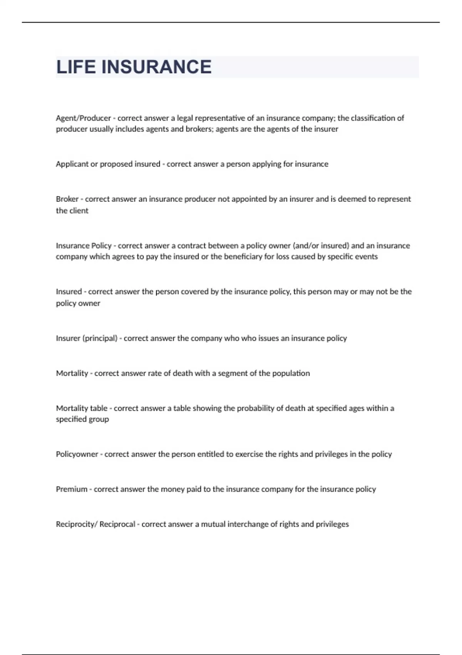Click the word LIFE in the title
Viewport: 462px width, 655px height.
click(x=76, y=67)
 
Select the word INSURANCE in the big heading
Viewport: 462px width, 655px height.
click(x=156, y=67)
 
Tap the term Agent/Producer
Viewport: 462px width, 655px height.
click(x=83, y=118)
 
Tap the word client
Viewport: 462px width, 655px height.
click(x=79, y=211)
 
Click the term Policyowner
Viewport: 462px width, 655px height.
click(x=77, y=454)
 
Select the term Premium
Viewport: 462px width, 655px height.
click(x=72, y=489)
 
